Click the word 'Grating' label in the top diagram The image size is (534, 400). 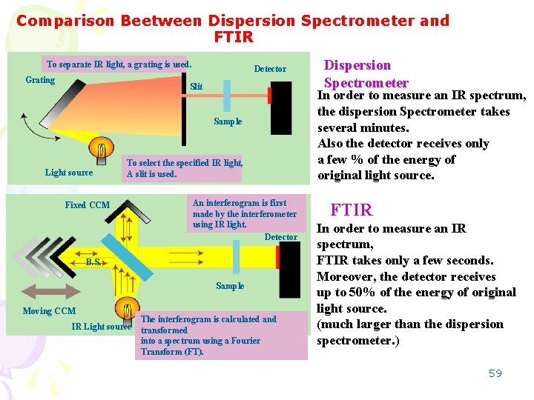click(x=40, y=80)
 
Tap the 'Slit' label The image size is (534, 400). click(x=196, y=87)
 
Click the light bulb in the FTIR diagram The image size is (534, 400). click(x=127, y=310)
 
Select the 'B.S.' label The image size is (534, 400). click(x=93, y=261)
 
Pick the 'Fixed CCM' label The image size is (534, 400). click(x=87, y=205)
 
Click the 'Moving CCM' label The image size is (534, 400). click(x=49, y=311)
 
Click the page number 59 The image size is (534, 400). click(x=495, y=373)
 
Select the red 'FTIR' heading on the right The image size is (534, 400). click(x=351, y=210)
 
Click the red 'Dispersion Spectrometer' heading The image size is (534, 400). click(x=366, y=74)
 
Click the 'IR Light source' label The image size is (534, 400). click(x=101, y=327)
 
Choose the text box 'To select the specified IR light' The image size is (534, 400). click(x=184, y=169)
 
